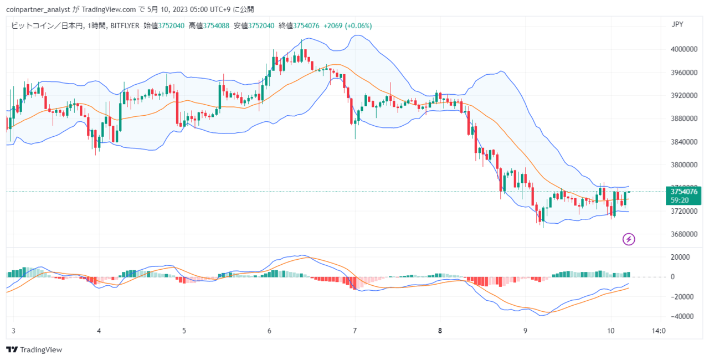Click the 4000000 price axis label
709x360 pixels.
(x=684, y=49)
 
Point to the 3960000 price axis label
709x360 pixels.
(x=684, y=73)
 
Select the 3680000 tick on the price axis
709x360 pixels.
(x=684, y=234)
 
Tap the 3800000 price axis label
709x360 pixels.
(x=684, y=165)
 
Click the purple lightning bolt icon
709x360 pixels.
(x=629, y=239)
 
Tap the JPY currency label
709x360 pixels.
(x=677, y=24)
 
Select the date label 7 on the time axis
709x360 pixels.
(x=355, y=331)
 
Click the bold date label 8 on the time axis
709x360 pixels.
(x=440, y=331)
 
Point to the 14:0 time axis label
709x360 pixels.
(x=659, y=331)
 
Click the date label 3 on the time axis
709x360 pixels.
(x=13, y=331)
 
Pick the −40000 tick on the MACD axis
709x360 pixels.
(x=682, y=316)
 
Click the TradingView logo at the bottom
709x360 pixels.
(x=34, y=349)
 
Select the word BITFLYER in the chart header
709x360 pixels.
(x=125, y=25)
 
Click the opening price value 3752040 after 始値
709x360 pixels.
(x=171, y=25)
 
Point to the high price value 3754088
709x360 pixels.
(x=216, y=25)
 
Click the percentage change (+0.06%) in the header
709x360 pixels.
(x=358, y=25)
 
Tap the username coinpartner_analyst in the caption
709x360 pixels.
(x=38, y=9)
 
